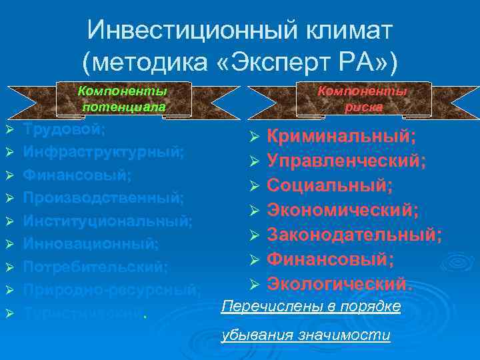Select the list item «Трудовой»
[64, 129]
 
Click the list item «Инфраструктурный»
[103, 151]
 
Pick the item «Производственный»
[103, 197]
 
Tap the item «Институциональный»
[107, 221]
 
